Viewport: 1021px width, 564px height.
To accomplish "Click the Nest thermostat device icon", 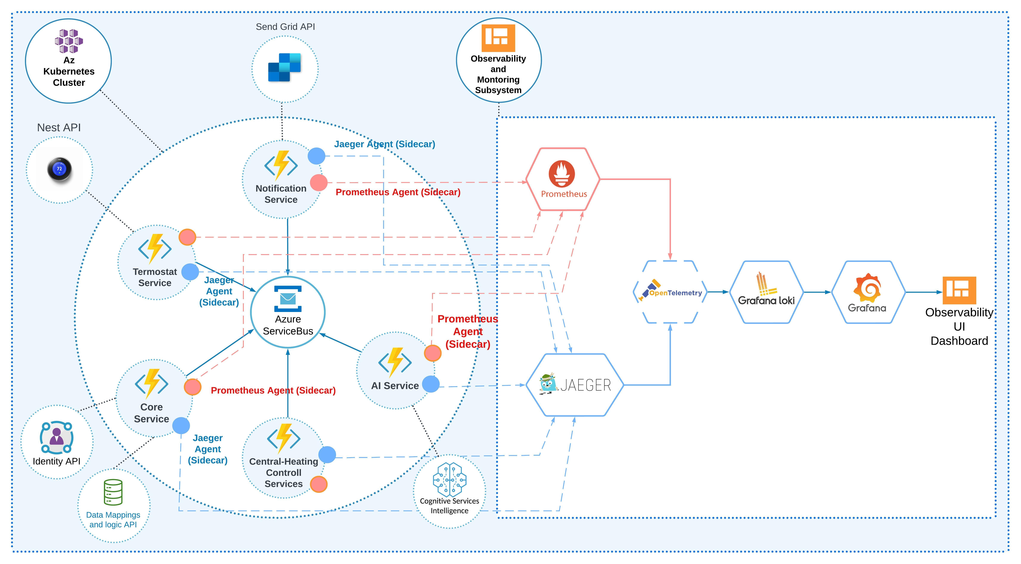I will coord(59,169).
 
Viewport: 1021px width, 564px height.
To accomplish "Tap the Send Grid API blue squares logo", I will coord(284,67).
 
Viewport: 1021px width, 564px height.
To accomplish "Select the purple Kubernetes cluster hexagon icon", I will coord(69,41).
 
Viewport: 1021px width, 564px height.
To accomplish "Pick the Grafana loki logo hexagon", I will coord(766,292).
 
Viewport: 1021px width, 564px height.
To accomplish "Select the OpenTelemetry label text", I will coord(675,293).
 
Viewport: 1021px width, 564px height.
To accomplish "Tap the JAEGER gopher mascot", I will coord(548,383).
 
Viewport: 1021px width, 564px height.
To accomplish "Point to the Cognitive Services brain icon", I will coord(449,479).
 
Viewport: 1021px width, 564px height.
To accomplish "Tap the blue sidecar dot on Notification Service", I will coord(316,156).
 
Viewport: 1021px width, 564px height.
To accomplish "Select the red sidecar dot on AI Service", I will coord(432,353).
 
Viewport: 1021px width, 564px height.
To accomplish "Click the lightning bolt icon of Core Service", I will coord(152,383).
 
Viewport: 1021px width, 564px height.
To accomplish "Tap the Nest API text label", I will coord(59,128).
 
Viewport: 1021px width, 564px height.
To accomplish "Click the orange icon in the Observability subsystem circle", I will coord(498,38).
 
